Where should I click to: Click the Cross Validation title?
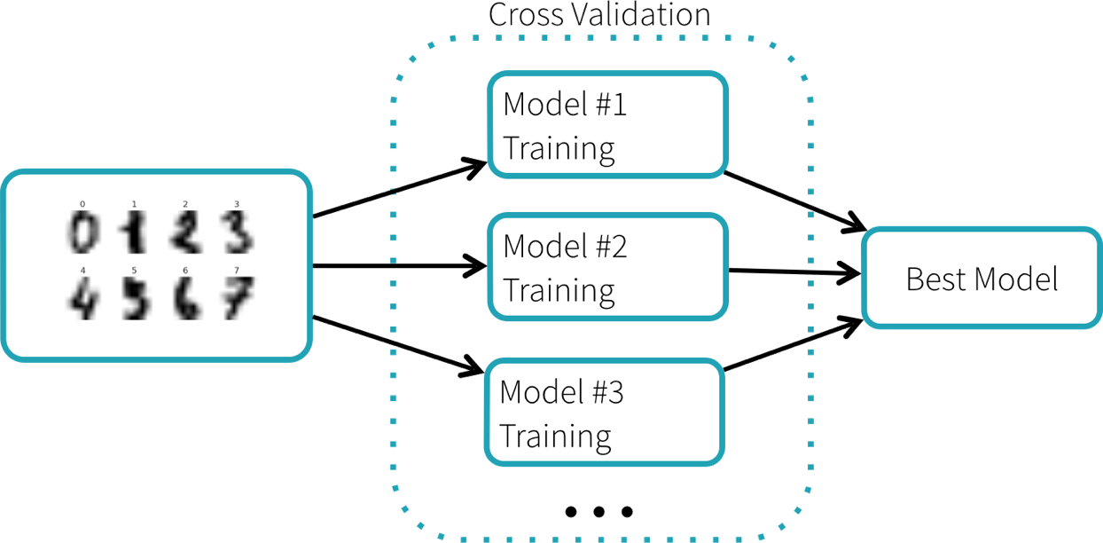click(x=599, y=15)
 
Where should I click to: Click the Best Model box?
click(x=982, y=279)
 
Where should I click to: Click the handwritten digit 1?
click(x=134, y=234)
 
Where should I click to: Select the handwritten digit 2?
click(x=184, y=234)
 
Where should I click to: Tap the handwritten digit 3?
click(x=237, y=234)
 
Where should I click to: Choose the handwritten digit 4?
click(x=82, y=300)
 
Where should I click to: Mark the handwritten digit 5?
click(x=134, y=300)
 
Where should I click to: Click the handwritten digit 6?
click(x=184, y=300)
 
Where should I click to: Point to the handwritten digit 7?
click(x=237, y=300)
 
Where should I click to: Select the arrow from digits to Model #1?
click(x=399, y=189)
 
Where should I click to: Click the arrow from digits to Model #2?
click(x=399, y=265)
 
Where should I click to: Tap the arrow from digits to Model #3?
click(x=399, y=343)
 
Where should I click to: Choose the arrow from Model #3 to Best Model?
click(x=794, y=344)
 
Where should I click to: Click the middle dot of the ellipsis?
click(x=598, y=511)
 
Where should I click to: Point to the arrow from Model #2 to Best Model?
click(x=794, y=272)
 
